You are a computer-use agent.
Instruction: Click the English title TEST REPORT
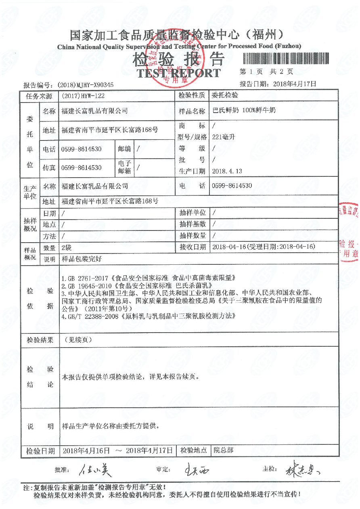(178, 73)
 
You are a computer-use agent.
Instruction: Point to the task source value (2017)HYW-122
(84, 96)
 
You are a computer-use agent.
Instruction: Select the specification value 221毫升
(223, 137)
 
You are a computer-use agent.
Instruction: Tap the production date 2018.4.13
(227, 171)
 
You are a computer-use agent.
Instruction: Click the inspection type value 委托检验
(225, 96)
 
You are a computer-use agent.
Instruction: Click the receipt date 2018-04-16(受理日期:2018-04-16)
(263, 247)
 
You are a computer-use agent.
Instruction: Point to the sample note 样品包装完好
(82, 259)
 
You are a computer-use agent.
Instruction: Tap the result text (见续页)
(78, 340)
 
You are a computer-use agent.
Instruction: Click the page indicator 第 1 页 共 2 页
(266, 72)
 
